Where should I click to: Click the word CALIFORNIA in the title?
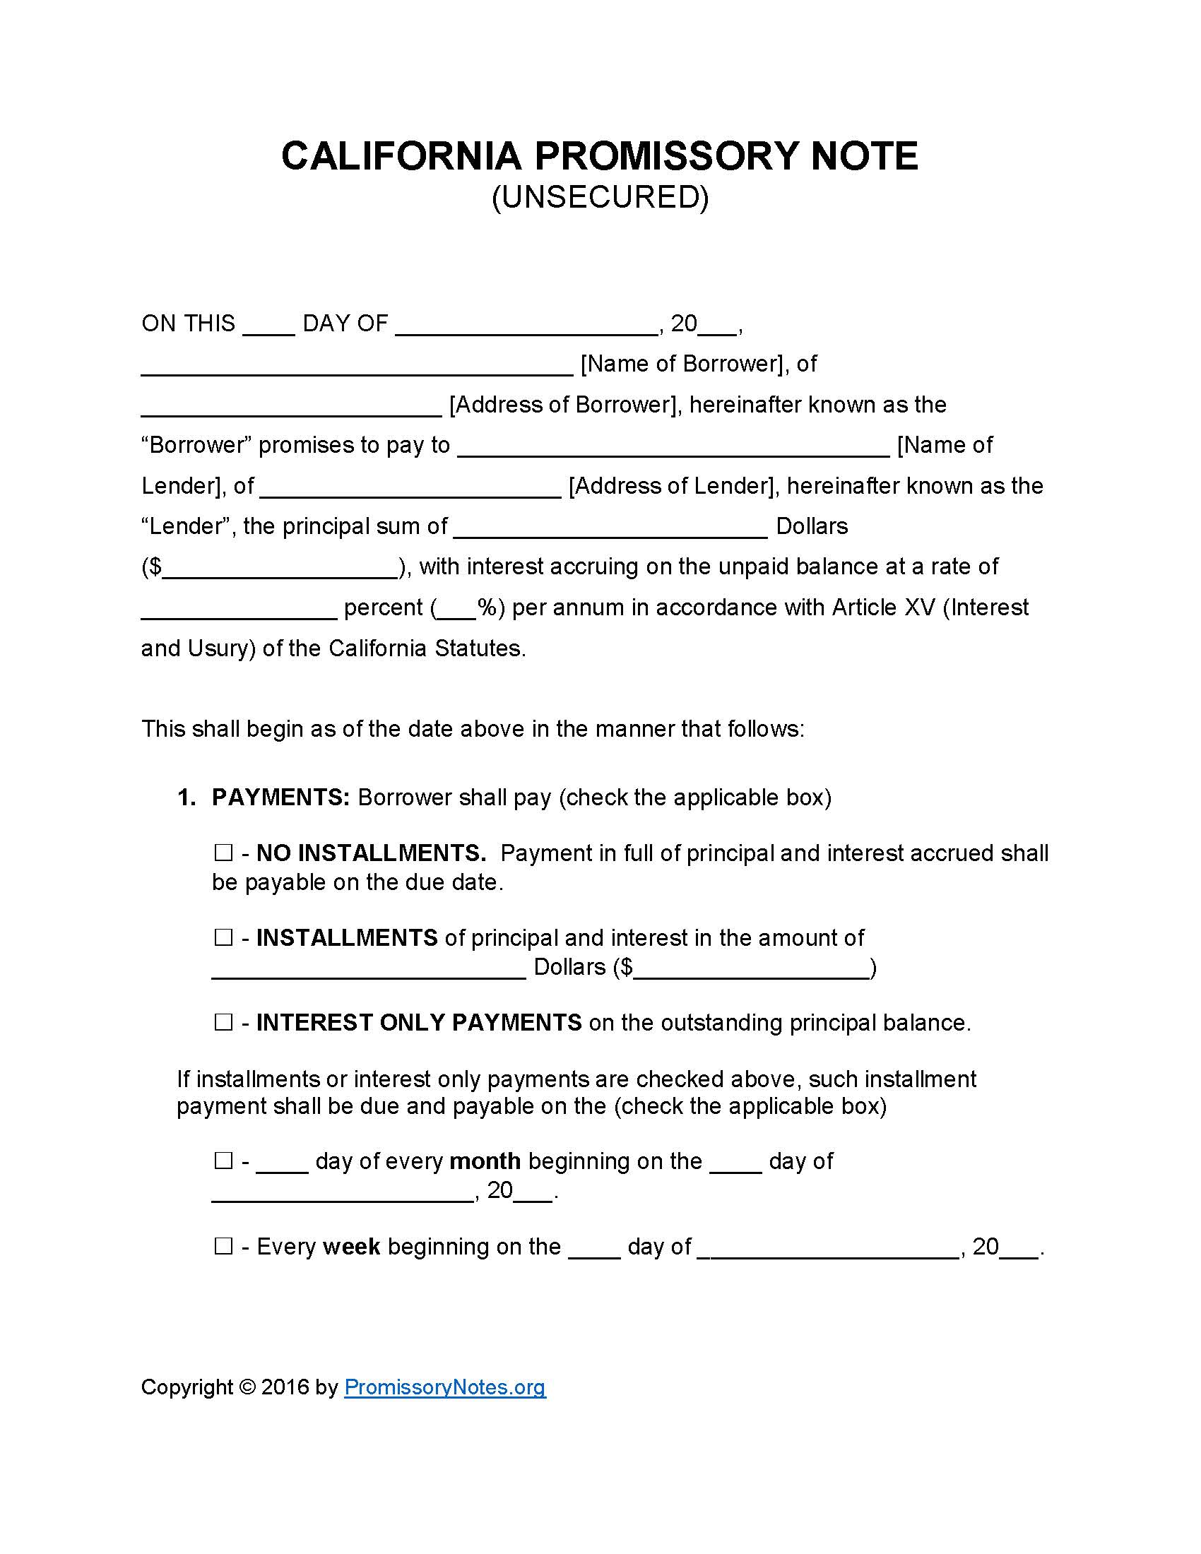(401, 156)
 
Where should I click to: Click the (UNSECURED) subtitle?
(600, 197)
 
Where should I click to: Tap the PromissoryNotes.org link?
(444, 1387)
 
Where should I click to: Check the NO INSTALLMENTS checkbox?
(223, 853)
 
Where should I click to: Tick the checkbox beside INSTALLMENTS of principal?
(223, 937)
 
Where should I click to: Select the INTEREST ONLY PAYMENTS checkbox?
(223, 1023)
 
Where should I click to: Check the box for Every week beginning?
(223, 1246)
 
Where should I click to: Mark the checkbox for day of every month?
(223, 1161)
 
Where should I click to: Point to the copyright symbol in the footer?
(247, 1387)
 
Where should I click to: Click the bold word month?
(485, 1161)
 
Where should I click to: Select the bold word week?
(352, 1247)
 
